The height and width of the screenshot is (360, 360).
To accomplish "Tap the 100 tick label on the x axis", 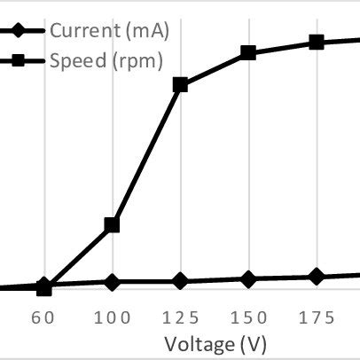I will coord(112,317).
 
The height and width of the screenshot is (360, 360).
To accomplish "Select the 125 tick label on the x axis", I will coord(180,317).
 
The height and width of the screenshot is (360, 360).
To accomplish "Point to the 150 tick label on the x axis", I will coord(248,317).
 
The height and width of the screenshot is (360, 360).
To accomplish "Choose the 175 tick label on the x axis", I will coord(316,317).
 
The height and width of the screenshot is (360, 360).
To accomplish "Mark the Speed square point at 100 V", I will coord(112,225).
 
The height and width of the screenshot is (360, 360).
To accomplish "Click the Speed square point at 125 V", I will coord(180,85).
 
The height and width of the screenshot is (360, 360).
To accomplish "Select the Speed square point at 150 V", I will coord(248,53).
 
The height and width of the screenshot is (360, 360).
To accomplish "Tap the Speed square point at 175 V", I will coord(316,43).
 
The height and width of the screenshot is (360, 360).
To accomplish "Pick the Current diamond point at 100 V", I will coord(112,282).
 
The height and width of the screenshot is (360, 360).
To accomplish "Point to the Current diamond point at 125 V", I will coord(180,281).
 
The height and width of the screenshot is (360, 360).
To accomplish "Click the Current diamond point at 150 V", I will coord(248,279).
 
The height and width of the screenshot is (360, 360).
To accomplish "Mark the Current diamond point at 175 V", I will coord(316,278).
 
